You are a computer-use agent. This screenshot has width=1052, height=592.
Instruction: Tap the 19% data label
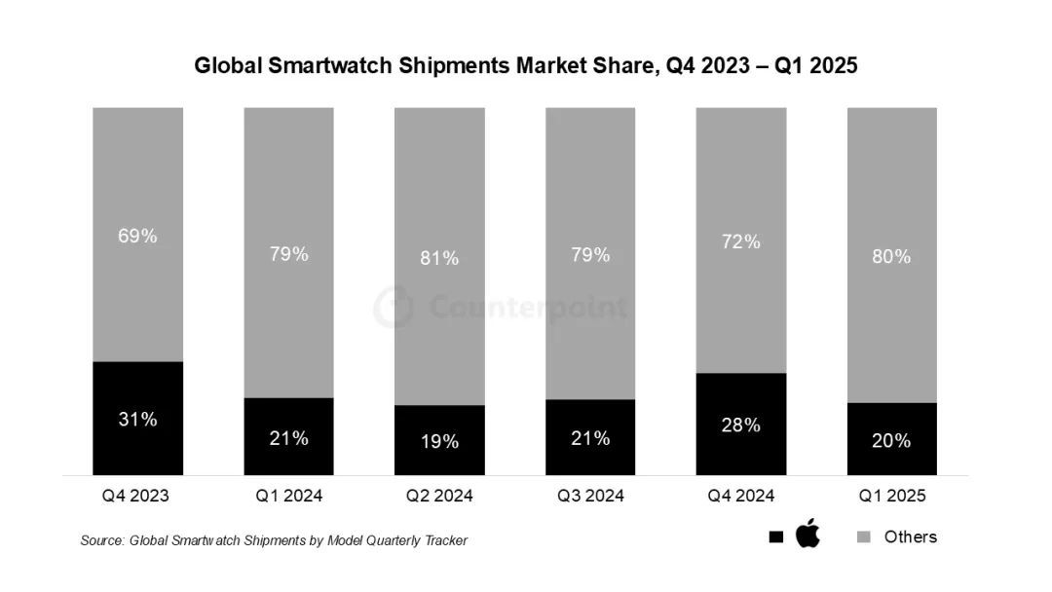coord(439,441)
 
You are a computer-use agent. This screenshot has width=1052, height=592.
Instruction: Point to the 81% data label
coord(439,258)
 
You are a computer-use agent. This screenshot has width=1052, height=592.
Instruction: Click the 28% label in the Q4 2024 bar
coord(741,425)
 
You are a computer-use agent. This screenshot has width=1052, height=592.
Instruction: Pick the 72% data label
coord(741,241)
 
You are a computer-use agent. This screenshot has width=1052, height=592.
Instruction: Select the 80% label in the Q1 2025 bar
coord(892,256)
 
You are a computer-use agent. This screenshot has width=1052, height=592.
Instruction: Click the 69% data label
coord(137,236)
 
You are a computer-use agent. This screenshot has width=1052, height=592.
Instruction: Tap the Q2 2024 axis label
coord(439,496)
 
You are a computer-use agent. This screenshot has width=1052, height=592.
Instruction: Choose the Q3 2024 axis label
coord(590,496)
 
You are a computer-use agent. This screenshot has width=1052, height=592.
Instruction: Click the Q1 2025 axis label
coord(892,496)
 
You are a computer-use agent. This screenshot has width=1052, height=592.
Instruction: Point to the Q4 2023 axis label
coord(135,496)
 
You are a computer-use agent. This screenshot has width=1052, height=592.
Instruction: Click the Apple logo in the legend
coord(808,535)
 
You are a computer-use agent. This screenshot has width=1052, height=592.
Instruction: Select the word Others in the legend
coord(910,536)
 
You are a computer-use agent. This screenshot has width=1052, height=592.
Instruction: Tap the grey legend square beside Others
coord(863,537)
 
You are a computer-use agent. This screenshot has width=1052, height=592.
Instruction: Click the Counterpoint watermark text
coord(527,308)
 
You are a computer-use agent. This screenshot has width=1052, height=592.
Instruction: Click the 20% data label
coord(892,441)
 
